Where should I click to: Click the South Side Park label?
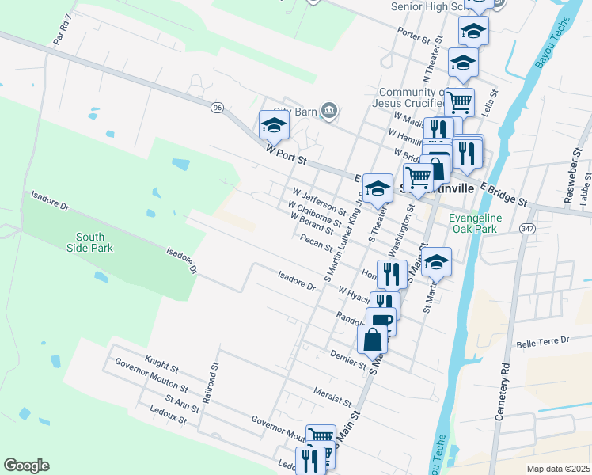pyautogui.click(x=94, y=242)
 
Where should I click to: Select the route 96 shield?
pyautogui.click(x=217, y=108)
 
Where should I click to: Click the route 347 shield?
pyautogui.click(x=528, y=227)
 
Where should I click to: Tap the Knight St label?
pyautogui.click(x=161, y=363)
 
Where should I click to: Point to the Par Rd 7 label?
pyautogui.click(x=63, y=28)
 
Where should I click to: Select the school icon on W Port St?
pyautogui.click(x=273, y=125)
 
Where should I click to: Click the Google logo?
pyautogui.click(x=26, y=465)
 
